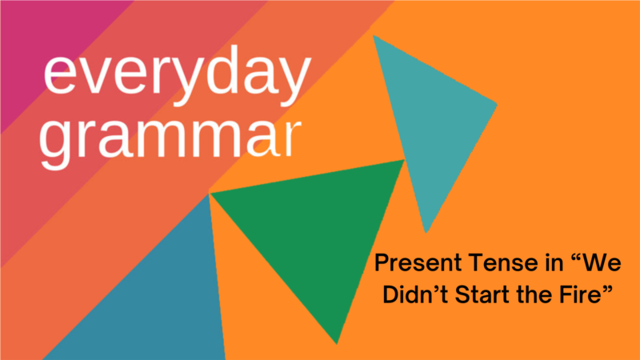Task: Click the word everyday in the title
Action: [177, 74]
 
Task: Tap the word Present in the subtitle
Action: [418, 262]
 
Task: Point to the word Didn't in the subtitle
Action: [415, 294]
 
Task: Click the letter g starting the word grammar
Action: [54, 146]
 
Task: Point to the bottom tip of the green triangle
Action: [336, 344]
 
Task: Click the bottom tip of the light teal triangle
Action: [426, 233]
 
